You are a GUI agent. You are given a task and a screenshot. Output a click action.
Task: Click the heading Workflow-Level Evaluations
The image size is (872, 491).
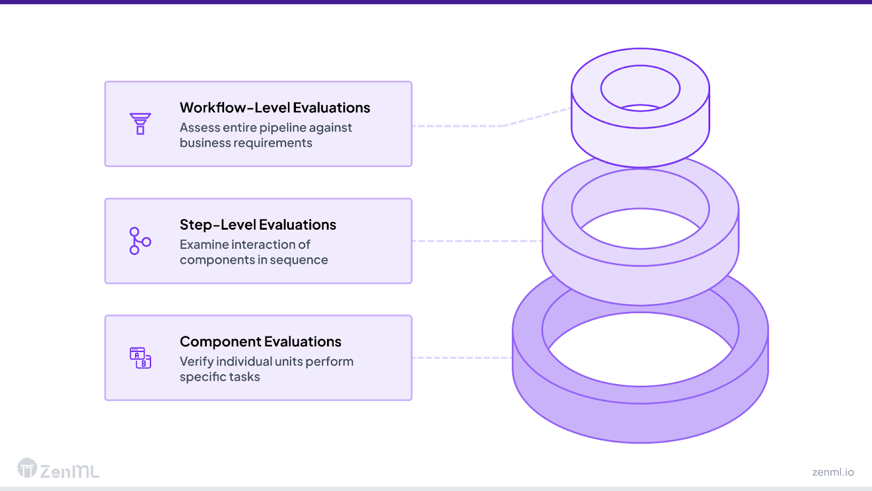[x=275, y=107]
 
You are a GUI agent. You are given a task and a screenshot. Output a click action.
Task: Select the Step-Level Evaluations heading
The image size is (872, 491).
[x=258, y=225]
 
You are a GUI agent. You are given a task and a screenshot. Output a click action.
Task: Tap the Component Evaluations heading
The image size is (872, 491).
[x=261, y=342]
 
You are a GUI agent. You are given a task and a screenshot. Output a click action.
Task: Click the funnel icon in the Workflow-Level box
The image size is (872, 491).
[x=140, y=124]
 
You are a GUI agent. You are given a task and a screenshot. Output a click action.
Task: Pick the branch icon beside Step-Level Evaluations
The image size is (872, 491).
[x=140, y=241]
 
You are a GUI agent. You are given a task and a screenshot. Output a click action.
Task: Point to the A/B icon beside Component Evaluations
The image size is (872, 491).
[x=140, y=358]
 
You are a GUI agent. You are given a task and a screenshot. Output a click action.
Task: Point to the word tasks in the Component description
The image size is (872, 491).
[x=244, y=377]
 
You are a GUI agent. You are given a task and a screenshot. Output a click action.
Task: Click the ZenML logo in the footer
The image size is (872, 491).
[x=58, y=469]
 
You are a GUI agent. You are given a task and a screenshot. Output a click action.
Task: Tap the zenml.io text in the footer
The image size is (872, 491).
[x=833, y=472]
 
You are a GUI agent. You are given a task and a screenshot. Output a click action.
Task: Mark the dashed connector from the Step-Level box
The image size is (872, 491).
[x=477, y=241]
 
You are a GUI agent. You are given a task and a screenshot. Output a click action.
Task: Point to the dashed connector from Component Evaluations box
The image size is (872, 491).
[x=462, y=358]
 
